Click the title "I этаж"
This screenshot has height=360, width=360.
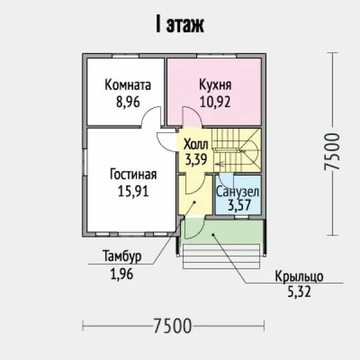(180, 24)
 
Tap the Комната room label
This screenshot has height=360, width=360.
(128, 85)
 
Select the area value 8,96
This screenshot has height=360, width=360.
(128, 102)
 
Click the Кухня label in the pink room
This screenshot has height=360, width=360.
(215, 85)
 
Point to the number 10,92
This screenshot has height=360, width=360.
(215, 102)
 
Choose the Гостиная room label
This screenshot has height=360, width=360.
(133, 174)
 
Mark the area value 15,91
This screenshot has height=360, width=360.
(133, 191)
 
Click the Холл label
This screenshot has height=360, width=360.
(196, 144)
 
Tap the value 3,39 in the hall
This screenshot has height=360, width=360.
(196, 160)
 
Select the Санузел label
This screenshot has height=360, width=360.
(238, 192)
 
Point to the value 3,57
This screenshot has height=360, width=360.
(239, 205)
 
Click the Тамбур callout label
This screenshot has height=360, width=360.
(122, 256)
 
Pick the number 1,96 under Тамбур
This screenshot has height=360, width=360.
(122, 274)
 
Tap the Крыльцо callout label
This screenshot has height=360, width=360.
(299, 277)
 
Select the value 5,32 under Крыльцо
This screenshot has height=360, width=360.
(299, 292)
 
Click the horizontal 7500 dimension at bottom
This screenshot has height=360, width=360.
(172, 326)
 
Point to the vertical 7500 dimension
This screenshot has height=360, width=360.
(332, 152)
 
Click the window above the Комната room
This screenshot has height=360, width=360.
(125, 56)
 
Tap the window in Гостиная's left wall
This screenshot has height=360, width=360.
(85, 163)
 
